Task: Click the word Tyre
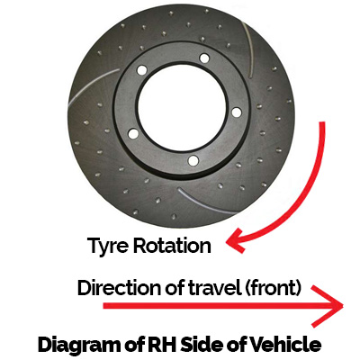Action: tap(107, 247)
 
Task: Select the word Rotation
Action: tap(172, 246)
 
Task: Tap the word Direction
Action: tap(120, 287)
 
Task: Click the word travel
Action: tap(215, 287)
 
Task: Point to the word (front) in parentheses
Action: tap(273, 288)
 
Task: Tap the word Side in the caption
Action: tap(202, 344)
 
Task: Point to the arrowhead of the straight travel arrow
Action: tap(331, 306)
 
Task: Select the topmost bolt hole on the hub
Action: tap(204, 58)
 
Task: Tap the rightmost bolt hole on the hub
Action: tap(237, 112)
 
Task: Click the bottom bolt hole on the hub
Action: tap(193, 160)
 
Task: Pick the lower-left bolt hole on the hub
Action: tap(133, 134)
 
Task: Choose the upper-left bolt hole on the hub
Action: tap(141, 70)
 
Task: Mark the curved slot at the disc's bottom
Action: tap(207, 202)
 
